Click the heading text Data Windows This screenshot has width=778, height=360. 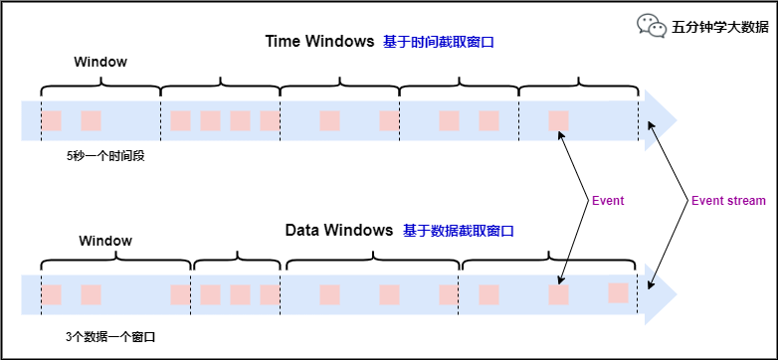(339, 230)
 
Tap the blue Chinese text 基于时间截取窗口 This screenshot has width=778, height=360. (439, 42)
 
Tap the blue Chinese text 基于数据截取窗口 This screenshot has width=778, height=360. (458, 231)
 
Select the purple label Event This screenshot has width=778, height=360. (607, 201)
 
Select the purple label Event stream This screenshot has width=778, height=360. (728, 201)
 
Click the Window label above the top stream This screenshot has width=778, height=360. (100, 62)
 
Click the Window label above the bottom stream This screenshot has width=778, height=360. (105, 241)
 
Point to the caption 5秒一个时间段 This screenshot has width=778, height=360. (105, 156)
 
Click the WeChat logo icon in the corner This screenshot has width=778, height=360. (652, 26)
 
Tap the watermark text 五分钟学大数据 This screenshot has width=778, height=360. (719, 27)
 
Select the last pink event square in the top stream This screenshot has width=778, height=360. (558, 121)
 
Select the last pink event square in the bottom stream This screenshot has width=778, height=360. (618, 292)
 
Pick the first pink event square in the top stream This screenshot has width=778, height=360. (51, 121)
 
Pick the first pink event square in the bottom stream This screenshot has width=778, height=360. (51, 295)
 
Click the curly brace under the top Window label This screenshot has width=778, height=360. (100, 85)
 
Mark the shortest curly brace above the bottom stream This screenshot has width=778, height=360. (237, 264)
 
